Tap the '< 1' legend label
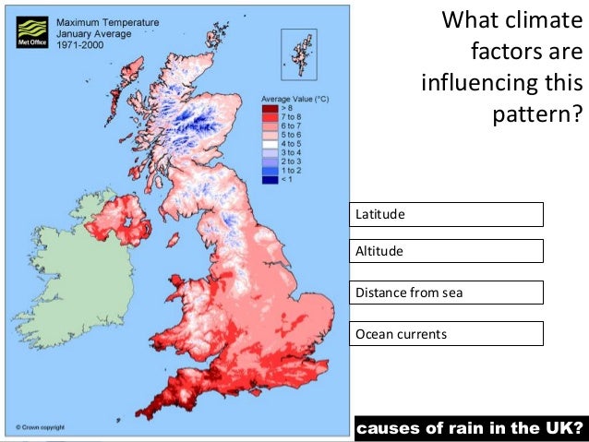point(289,179)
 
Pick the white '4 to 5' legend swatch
point(270,144)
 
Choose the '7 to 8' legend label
point(293,117)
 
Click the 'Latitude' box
point(446,214)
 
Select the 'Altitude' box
point(446,250)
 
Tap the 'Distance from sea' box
point(446,293)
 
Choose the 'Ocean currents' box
point(446,333)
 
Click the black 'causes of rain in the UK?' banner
point(468,428)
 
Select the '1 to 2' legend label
point(293,170)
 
